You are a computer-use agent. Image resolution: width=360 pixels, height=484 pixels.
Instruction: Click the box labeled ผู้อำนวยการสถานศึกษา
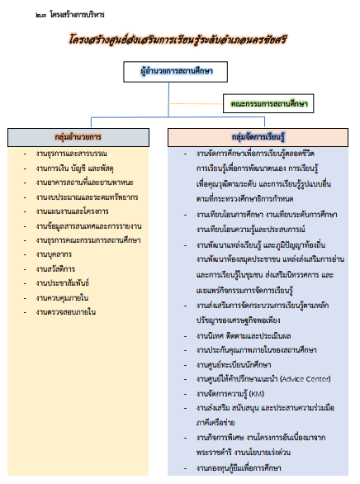(176, 72)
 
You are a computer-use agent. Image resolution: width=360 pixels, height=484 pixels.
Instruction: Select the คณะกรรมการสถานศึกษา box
(268, 103)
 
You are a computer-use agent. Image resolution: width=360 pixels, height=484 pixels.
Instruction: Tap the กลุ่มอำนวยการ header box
(78, 137)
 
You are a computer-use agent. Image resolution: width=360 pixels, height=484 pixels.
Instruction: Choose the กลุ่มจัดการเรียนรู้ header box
(258, 137)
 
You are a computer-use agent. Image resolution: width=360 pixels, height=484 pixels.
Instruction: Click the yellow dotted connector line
(196, 103)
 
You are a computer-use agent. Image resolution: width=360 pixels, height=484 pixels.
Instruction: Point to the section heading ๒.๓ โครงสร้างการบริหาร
(70, 15)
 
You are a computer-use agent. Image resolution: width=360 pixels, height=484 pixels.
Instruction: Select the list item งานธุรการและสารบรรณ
(71, 154)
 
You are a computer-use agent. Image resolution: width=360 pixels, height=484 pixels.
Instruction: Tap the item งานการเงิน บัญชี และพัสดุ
(74, 168)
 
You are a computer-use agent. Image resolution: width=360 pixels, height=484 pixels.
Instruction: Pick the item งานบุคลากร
(54, 254)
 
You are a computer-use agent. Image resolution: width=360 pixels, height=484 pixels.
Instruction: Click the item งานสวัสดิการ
(55, 269)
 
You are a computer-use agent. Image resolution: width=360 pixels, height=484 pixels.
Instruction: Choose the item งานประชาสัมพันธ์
(63, 283)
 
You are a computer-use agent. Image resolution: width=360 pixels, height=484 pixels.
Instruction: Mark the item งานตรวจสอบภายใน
(66, 312)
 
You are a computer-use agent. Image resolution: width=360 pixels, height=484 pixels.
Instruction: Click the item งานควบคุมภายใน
(62, 298)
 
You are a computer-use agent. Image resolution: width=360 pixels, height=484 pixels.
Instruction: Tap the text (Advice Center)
(306, 379)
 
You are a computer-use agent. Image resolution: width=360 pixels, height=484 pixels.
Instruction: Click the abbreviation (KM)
(257, 393)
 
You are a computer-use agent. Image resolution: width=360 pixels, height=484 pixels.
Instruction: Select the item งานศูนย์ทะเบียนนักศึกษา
(234, 364)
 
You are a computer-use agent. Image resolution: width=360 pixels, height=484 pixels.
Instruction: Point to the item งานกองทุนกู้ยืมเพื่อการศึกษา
(239, 468)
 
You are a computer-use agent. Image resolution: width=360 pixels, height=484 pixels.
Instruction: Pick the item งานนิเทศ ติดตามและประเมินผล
(244, 335)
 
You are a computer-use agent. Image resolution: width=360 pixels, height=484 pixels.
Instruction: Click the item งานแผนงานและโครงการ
(72, 211)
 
